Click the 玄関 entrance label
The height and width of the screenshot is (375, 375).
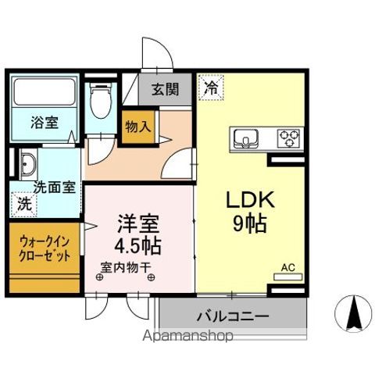(x=164, y=89)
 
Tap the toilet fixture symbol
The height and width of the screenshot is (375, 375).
(x=99, y=102)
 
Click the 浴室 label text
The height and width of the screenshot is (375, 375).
(x=43, y=123)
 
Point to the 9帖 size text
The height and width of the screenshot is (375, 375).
(x=249, y=224)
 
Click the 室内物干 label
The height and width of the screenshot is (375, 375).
(x=127, y=274)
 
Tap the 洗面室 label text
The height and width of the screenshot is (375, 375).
(x=54, y=188)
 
